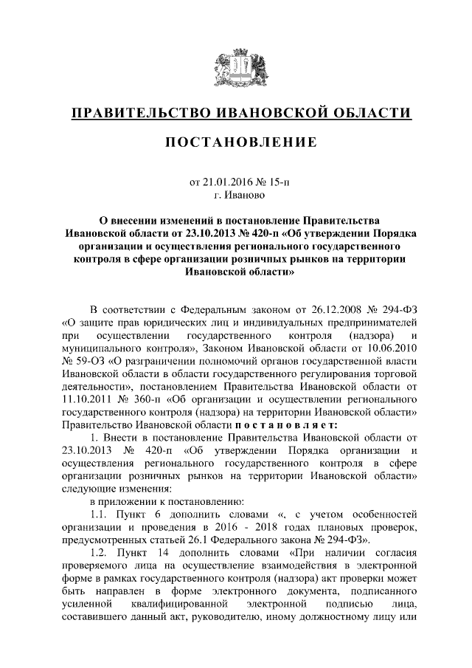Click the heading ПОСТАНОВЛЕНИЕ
click(x=235, y=142)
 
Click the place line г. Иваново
click(x=235, y=196)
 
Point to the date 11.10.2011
click(x=88, y=400)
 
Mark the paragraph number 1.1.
click(x=99, y=514)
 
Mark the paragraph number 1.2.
click(x=99, y=553)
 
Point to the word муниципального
click(x=103, y=348)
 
